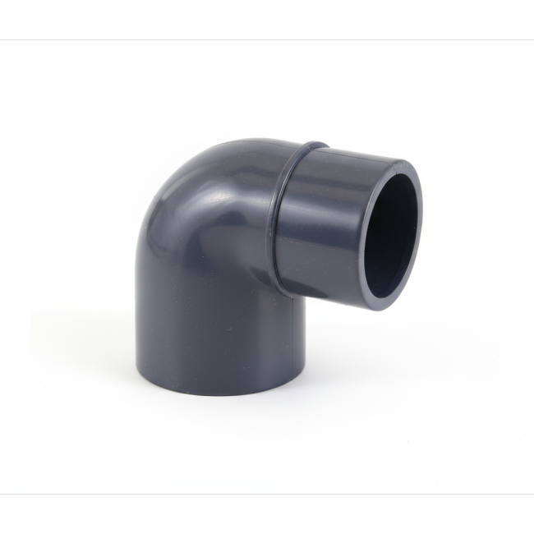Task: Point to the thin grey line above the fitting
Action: click(267, 39)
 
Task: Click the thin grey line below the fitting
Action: click(267, 494)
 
